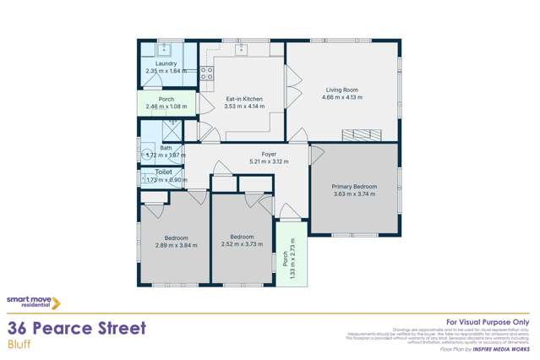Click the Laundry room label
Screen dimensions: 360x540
(166, 63)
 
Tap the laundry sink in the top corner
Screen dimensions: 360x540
(166, 47)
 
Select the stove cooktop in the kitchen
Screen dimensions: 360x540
(206, 73)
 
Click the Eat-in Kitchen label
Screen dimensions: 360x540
(245, 98)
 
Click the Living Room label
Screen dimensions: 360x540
(342, 90)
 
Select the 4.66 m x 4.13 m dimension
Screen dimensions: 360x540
(342, 97)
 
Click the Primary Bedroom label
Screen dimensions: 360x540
(354, 186)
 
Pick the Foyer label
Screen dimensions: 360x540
(269, 154)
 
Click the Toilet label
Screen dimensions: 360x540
(163, 172)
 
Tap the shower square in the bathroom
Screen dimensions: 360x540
(172, 129)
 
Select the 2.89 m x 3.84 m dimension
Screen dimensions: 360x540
(176, 245)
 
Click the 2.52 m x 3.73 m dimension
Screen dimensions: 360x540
(243, 245)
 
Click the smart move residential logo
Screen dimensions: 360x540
(33, 302)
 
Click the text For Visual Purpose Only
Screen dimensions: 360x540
(488, 322)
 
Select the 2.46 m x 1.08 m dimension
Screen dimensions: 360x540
(166, 107)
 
